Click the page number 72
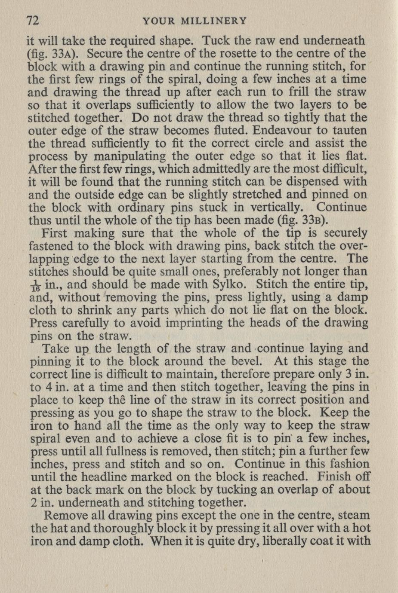[x=33, y=21]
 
